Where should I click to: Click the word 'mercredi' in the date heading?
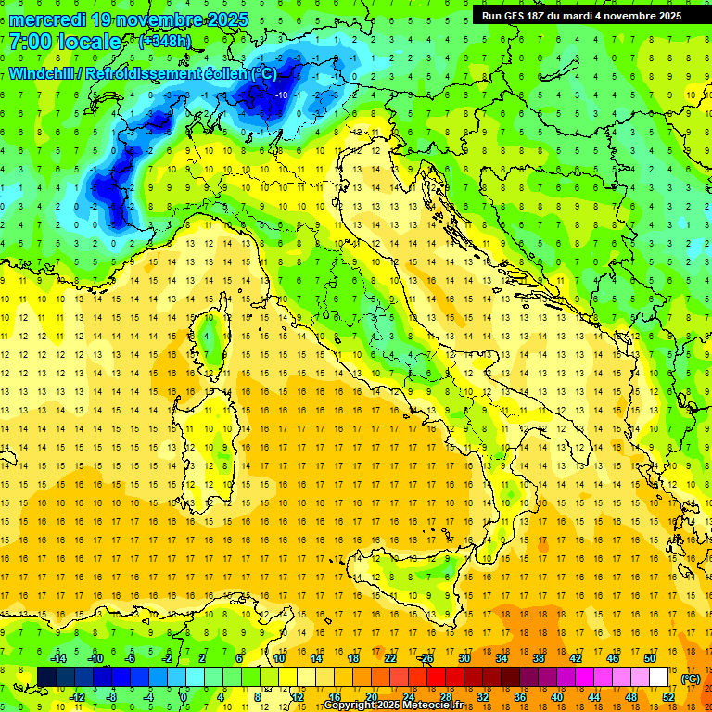coord(48,19)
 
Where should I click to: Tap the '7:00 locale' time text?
coord(65,42)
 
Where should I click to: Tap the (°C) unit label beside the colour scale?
coord(691,679)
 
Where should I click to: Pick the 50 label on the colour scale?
coord(649,658)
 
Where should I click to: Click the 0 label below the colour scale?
coord(184,696)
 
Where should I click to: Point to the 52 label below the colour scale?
coord(668,696)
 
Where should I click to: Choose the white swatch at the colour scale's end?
coord(659,678)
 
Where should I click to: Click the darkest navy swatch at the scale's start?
coord(46,678)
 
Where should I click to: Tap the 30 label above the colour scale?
coord(464,658)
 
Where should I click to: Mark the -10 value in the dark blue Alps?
coord(281,95)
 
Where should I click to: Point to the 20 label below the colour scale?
coord(371,696)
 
